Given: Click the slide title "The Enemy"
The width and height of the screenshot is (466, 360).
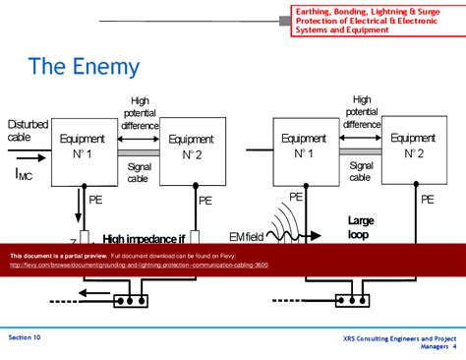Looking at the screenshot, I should coord(84,67).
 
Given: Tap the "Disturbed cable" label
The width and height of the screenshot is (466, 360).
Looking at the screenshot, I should coord(28,131).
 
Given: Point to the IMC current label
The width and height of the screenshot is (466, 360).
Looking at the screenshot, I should coord(25,174).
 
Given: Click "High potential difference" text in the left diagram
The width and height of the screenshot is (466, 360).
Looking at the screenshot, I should coord(139,113).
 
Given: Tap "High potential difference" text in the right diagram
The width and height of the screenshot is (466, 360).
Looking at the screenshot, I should coord(361,112).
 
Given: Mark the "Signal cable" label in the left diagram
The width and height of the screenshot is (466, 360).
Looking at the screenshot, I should coord(139,172).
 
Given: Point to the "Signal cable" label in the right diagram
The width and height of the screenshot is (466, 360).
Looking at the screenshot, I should coord(361,172).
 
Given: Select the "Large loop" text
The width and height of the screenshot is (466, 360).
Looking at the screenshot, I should coord(361,228).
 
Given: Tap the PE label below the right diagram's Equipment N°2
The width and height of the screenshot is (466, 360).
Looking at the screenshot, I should coord(428,199).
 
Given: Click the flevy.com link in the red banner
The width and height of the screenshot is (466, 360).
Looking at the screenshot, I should coord(137,265).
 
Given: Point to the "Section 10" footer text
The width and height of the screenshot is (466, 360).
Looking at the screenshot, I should coord(25,337).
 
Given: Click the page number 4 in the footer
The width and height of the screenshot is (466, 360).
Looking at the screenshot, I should coord(453,347).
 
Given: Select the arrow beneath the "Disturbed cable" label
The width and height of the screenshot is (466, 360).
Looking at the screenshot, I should coord(27,155).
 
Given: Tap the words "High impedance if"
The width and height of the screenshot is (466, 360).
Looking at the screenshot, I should coord(143,238).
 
